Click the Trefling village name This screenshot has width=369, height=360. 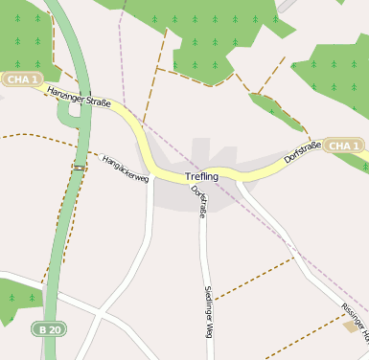(201, 177)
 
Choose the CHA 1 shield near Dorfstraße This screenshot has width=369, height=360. (344, 146)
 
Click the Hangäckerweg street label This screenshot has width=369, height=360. (126, 167)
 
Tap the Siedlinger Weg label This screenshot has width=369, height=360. (208, 312)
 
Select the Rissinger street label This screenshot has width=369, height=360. (355, 321)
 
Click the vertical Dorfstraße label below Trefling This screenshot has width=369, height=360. (199, 202)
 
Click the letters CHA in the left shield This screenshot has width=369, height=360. (14, 79)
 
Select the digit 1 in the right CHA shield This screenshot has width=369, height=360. (358, 146)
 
